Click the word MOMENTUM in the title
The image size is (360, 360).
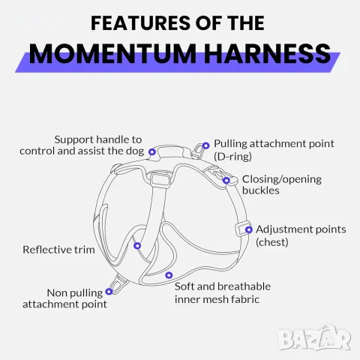click(x=112, y=53)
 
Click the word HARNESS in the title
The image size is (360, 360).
click(x=268, y=53)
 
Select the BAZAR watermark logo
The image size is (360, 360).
click(x=314, y=337)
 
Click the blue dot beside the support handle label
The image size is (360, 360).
click(x=152, y=151)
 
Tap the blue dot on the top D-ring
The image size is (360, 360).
click(x=205, y=145)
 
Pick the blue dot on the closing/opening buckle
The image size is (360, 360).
click(x=226, y=180)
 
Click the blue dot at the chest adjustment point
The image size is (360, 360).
click(x=248, y=229)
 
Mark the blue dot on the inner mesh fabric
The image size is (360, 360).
click(x=169, y=275)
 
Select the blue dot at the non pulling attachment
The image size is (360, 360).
click(x=109, y=291)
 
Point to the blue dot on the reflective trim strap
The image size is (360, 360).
click(x=137, y=246)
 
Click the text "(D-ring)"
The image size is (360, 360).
click(x=232, y=157)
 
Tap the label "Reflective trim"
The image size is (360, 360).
click(x=58, y=250)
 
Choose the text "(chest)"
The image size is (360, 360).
click(x=272, y=242)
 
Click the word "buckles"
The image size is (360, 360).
click(x=261, y=190)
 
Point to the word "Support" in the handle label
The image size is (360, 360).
click(x=73, y=140)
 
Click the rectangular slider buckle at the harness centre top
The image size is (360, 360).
click(x=159, y=179)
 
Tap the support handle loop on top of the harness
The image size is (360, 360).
click(x=170, y=152)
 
